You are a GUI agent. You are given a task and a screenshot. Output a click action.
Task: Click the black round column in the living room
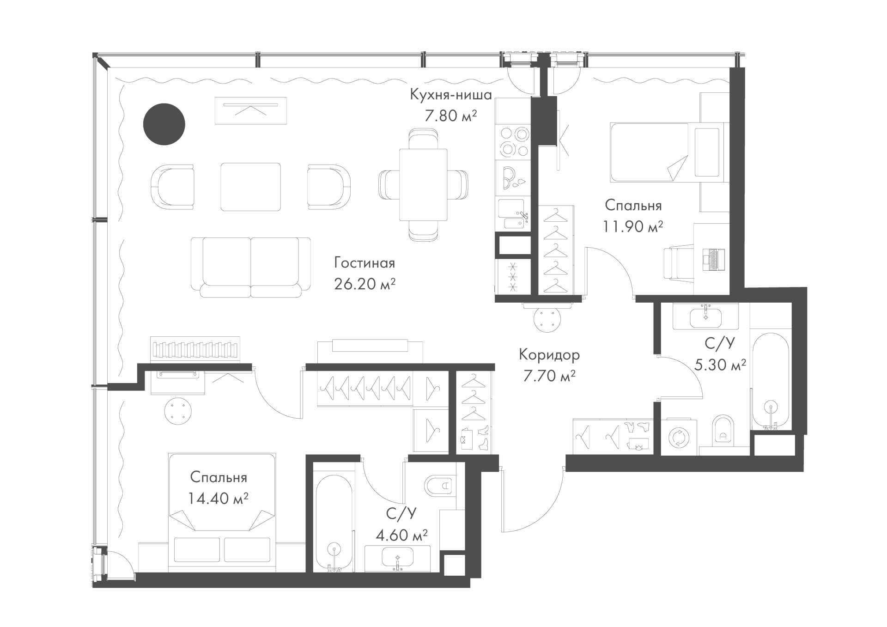tap(164, 124)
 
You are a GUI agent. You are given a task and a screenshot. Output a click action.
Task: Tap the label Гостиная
tap(365, 263)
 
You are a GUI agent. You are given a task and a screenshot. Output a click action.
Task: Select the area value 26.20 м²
tap(365, 284)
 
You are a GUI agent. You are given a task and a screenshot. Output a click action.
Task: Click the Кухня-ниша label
tap(451, 95)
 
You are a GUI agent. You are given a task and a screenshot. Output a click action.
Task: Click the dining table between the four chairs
tap(423, 185)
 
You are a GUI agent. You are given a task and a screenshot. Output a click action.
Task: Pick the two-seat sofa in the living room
tap(251, 267)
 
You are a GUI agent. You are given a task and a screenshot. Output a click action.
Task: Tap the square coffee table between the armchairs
tap(251, 186)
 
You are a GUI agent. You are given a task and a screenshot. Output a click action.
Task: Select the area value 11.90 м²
tap(633, 226)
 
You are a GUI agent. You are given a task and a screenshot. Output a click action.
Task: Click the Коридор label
tap(549, 355)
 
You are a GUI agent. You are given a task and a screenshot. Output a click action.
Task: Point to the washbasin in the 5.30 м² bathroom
tap(705, 317)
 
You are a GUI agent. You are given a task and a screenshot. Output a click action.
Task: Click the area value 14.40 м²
tap(219, 498)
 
